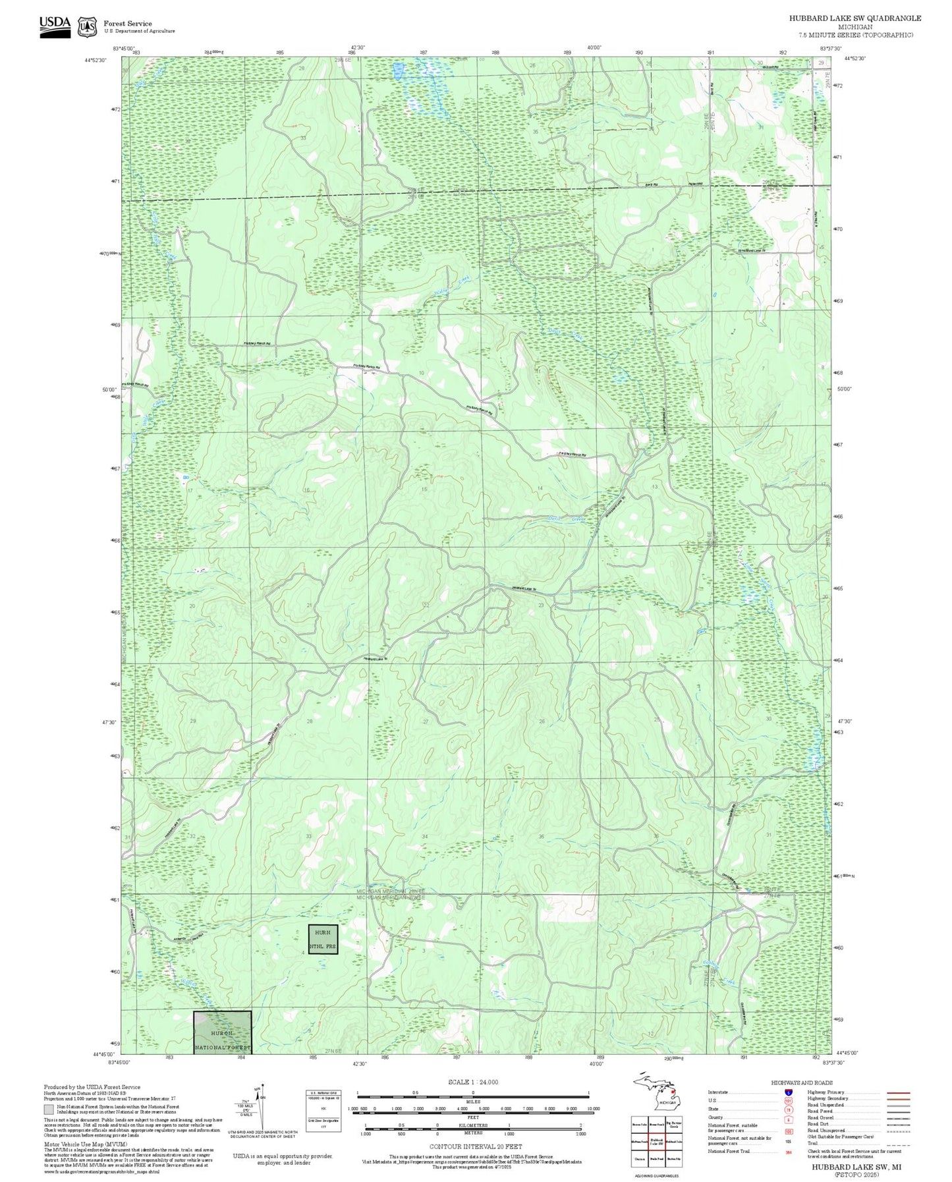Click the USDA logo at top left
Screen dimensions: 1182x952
tap(55, 26)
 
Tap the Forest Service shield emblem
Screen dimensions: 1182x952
tap(86, 27)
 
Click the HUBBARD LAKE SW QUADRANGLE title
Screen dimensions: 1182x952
tap(854, 18)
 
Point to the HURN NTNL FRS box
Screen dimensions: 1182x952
tap(323, 939)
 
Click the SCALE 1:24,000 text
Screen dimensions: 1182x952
tap(472, 1082)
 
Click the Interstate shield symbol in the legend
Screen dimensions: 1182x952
tap(788, 1092)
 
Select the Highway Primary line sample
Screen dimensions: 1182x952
tap(899, 1092)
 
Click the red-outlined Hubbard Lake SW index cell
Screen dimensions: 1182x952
tap(656, 1141)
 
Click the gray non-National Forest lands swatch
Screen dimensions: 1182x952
tap(49, 1110)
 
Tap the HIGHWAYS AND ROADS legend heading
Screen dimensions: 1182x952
tap(802, 1083)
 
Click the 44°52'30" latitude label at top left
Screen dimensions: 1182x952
tap(96, 59)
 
